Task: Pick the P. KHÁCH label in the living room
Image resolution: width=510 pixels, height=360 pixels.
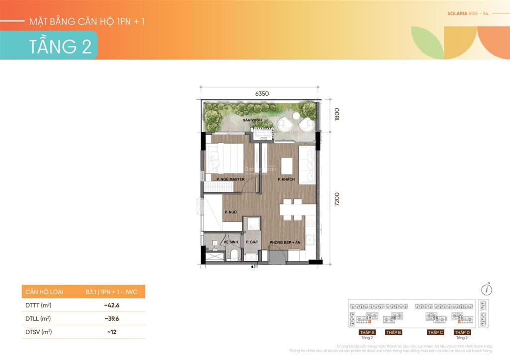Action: pos(287,179)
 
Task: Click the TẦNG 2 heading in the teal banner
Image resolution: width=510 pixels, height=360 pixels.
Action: pos(60,46)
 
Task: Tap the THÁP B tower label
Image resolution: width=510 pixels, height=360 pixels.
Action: pos(393,332)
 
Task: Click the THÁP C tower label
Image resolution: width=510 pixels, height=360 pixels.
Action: pos(435,332)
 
